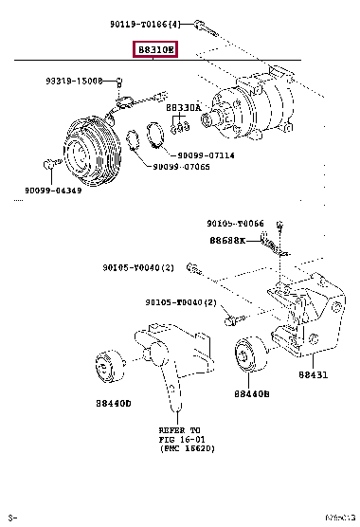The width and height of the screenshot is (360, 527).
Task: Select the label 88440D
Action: [x=113, y=403]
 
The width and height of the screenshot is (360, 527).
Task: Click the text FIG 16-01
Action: [x=180, y=438]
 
